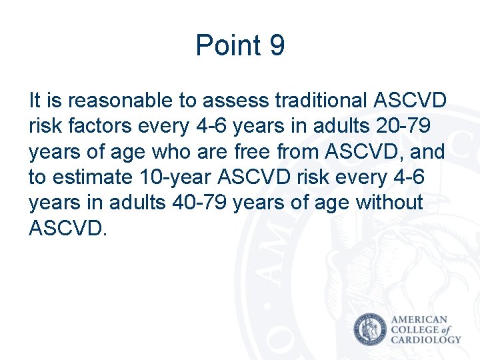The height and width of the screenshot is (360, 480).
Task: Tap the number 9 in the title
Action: click(x=278, y=46)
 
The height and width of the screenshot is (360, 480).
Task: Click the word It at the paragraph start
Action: click(x=35, y=101)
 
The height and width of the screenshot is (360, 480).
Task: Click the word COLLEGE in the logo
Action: click(x=415, y=330)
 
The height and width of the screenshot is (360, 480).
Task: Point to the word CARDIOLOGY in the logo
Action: click(x=425, y=339)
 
